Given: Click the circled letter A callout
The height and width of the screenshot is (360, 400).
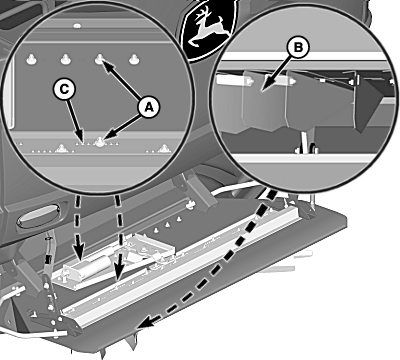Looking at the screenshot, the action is pyautogui.click(x=149, y=107).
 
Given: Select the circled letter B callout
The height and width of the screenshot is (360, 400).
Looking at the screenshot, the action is pyautogui.click(x=298, y=48).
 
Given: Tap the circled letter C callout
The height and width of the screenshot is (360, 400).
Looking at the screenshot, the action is pyautogui.click(x=64, y=89).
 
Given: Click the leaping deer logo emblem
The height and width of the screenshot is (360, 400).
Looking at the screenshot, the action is pyautogui.click(x=207, y=29).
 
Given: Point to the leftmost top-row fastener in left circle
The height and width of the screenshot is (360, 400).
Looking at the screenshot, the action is pyautogui.click(x=31, y=60).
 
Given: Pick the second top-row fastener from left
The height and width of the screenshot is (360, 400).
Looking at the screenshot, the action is pyautogui.click(x=65, y=60).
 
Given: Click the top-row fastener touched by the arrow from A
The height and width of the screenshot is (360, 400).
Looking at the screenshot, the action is pyautogui.click(x=99, y=60).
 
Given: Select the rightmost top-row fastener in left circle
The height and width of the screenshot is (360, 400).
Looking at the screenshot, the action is pyautogui.click(x=134, y=60).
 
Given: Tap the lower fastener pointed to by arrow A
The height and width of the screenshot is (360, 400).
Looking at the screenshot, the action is pyautogui.click(x=99, y=143).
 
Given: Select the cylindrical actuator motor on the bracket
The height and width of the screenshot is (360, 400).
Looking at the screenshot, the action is pyautogui.click(x=85, y=266).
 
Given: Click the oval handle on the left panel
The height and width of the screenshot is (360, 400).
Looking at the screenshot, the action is pyautogui.click(x=39, y=215).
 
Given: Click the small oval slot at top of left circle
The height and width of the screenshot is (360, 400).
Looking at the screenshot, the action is pyautogui.click(x=77, y=25).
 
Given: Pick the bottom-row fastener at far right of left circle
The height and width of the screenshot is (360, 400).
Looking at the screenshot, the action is pyautogui.click(x=163, y=149).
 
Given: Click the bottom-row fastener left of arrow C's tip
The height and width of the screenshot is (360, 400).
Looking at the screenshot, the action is pyautogui.click(x=61, y=148).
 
